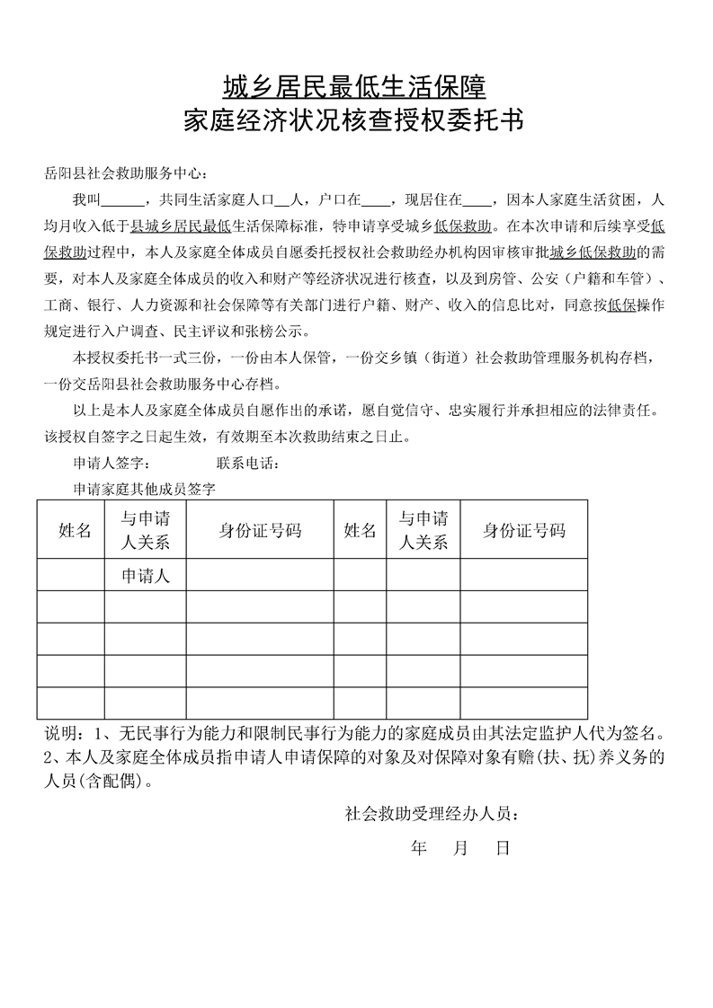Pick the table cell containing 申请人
(146, 576)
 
